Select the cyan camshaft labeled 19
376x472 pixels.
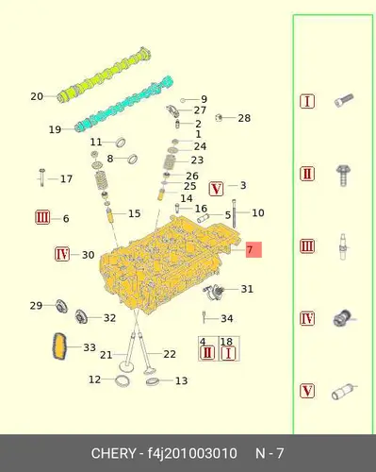click(x=124, y=104)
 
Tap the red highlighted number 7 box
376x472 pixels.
click(x=253, y=249)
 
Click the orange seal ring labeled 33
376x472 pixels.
click(x=59, y=346)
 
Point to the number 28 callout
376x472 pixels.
click(x=244, y=118)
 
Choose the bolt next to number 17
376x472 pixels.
click(x=42, y=177)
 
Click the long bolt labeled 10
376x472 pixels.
click(x=234, y=214)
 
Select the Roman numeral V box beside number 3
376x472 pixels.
click(x=216, y=189)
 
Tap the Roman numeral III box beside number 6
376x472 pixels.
click(x=42, y=217)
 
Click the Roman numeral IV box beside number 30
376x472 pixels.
click(x=62, y=254)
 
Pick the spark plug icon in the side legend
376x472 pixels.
click(x=343, y=246)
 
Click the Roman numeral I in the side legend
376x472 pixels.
click(x=307, y=101)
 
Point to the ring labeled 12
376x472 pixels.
click(x=123, y=381)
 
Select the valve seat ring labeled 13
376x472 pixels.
click(x=153, y=381)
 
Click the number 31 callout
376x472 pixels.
click(x=247, y=289)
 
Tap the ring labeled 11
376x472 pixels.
click(x=121, y=143)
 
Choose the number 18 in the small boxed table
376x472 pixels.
click(x=226, y=342)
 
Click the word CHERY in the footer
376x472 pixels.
click(x=113, y=453)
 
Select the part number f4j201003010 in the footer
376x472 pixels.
click(x=192, y=453)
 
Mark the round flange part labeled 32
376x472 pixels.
click(x=81, y=316)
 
